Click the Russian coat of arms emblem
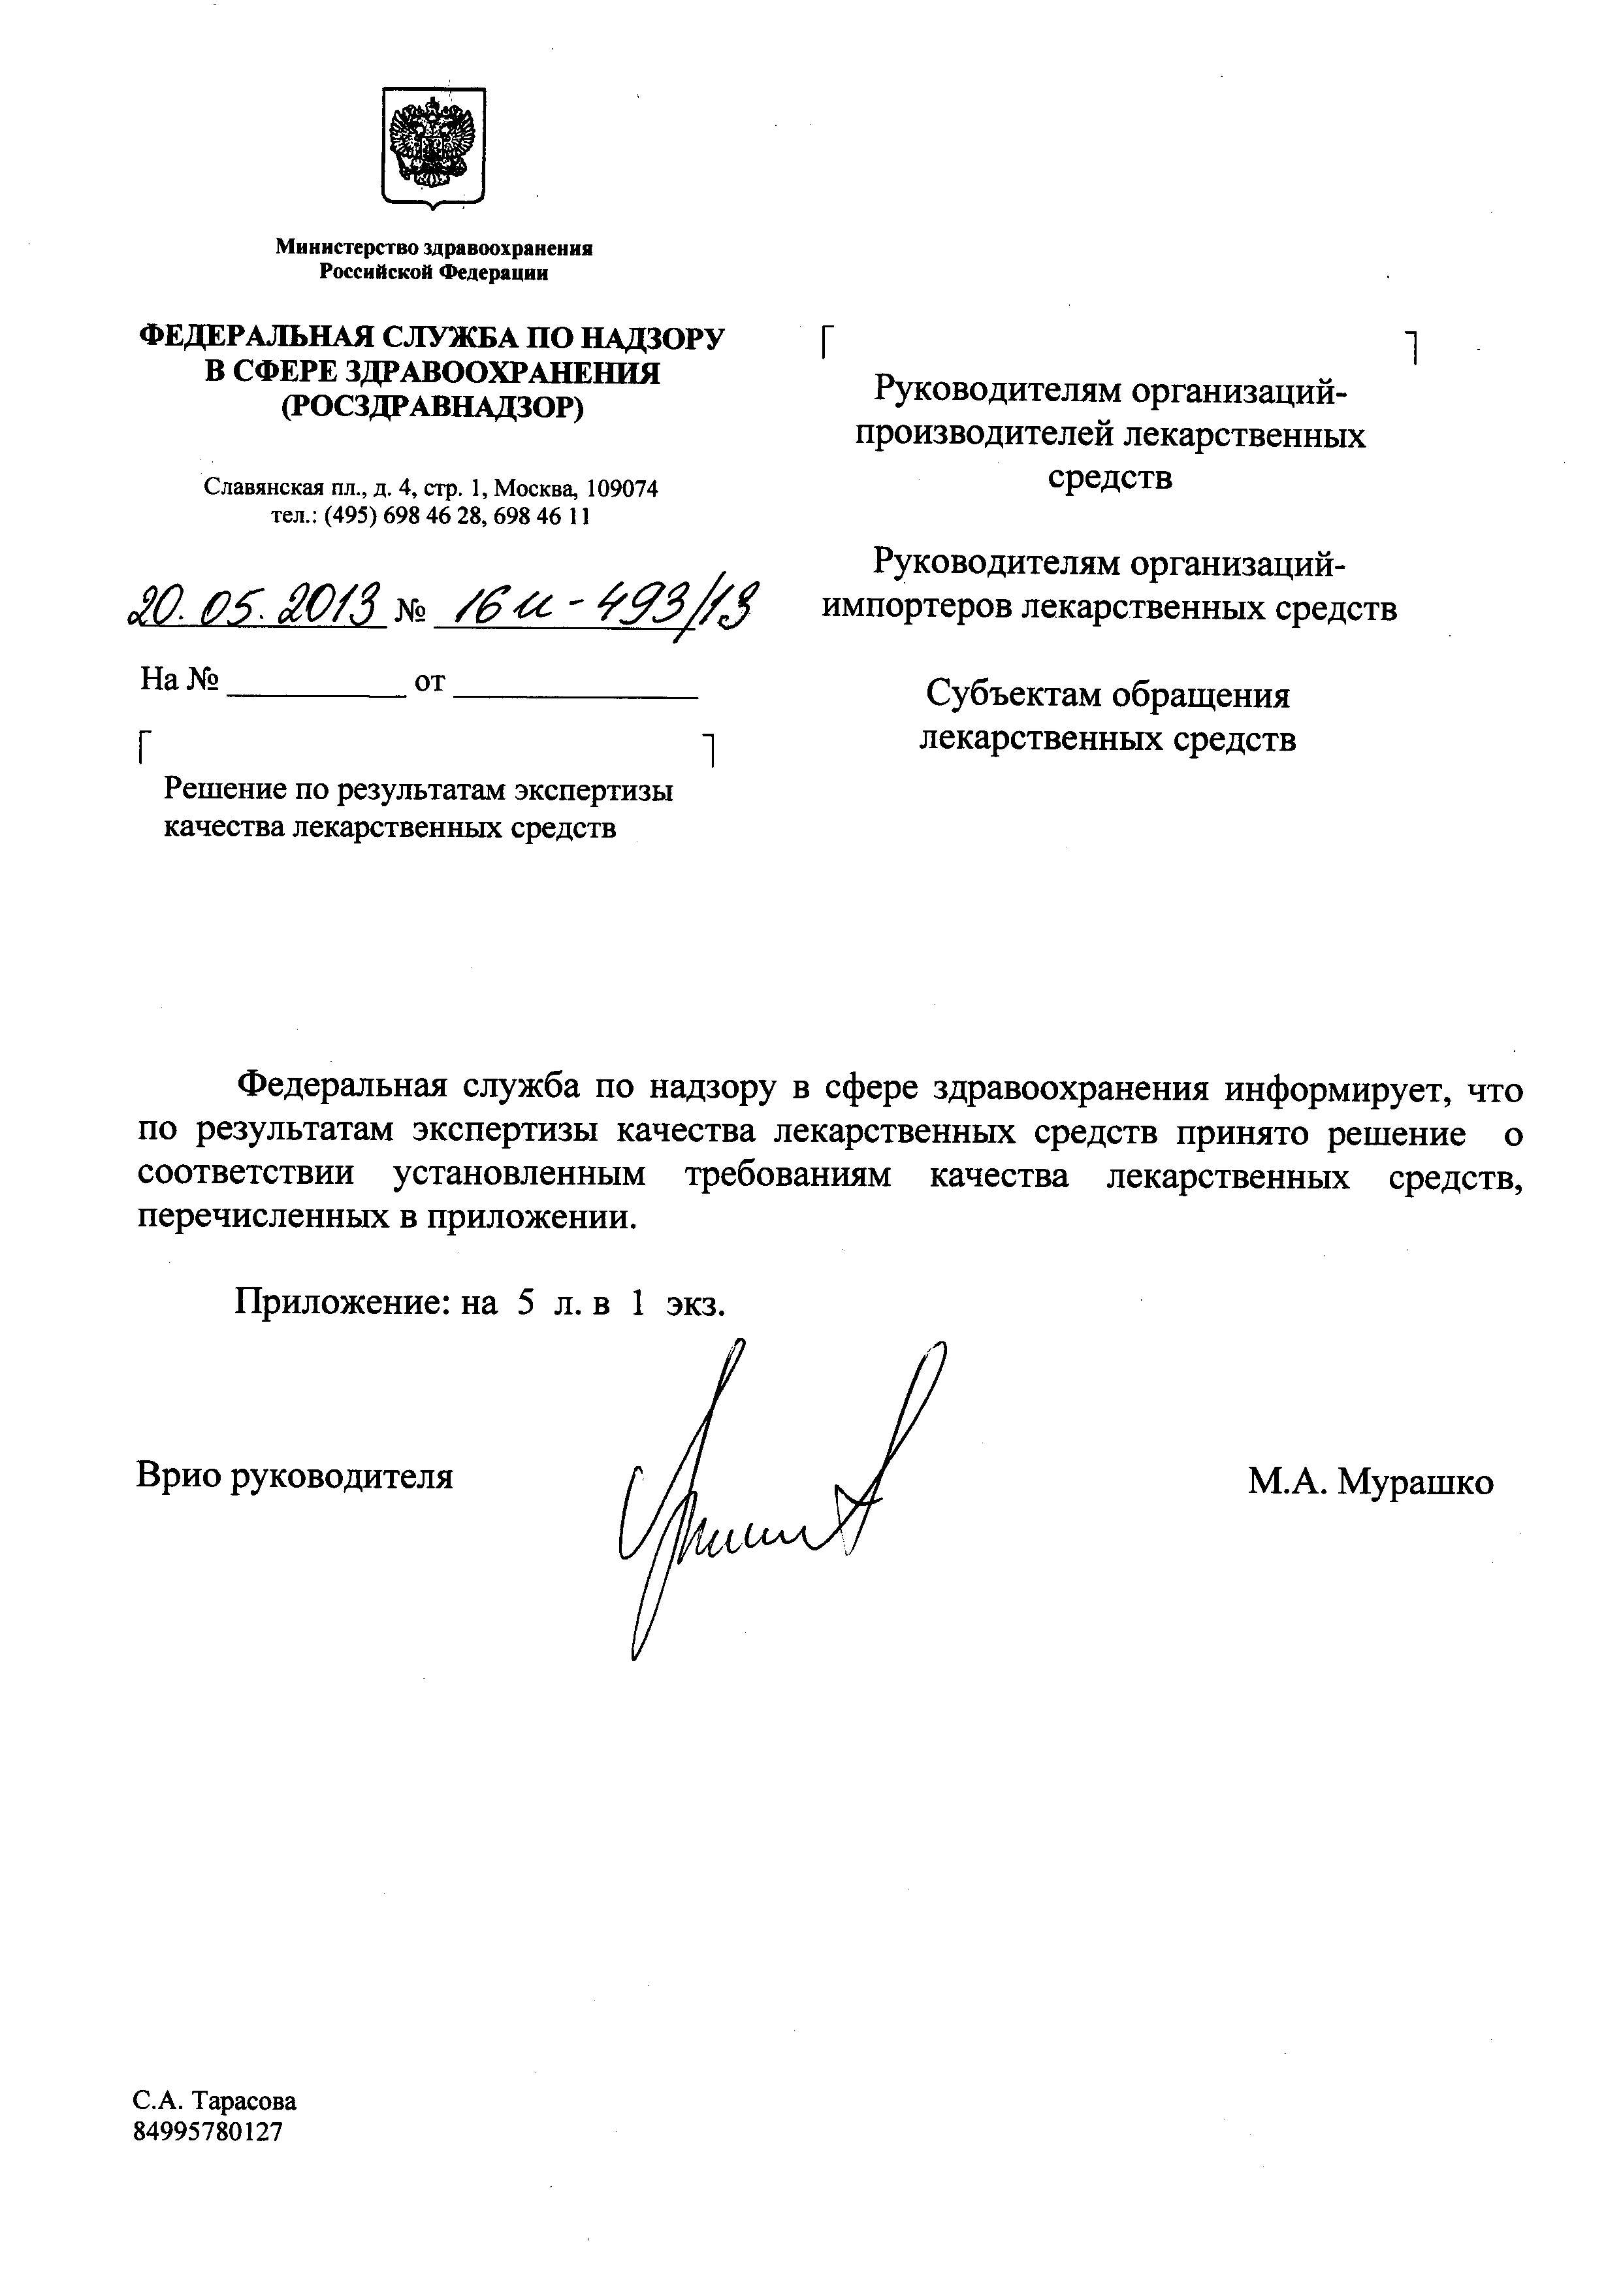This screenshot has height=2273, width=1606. (432, 146)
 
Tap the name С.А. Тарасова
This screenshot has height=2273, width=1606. (215, 2100)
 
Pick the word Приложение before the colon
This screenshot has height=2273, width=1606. (342, 1302)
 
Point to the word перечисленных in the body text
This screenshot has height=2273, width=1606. (263, 1216)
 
